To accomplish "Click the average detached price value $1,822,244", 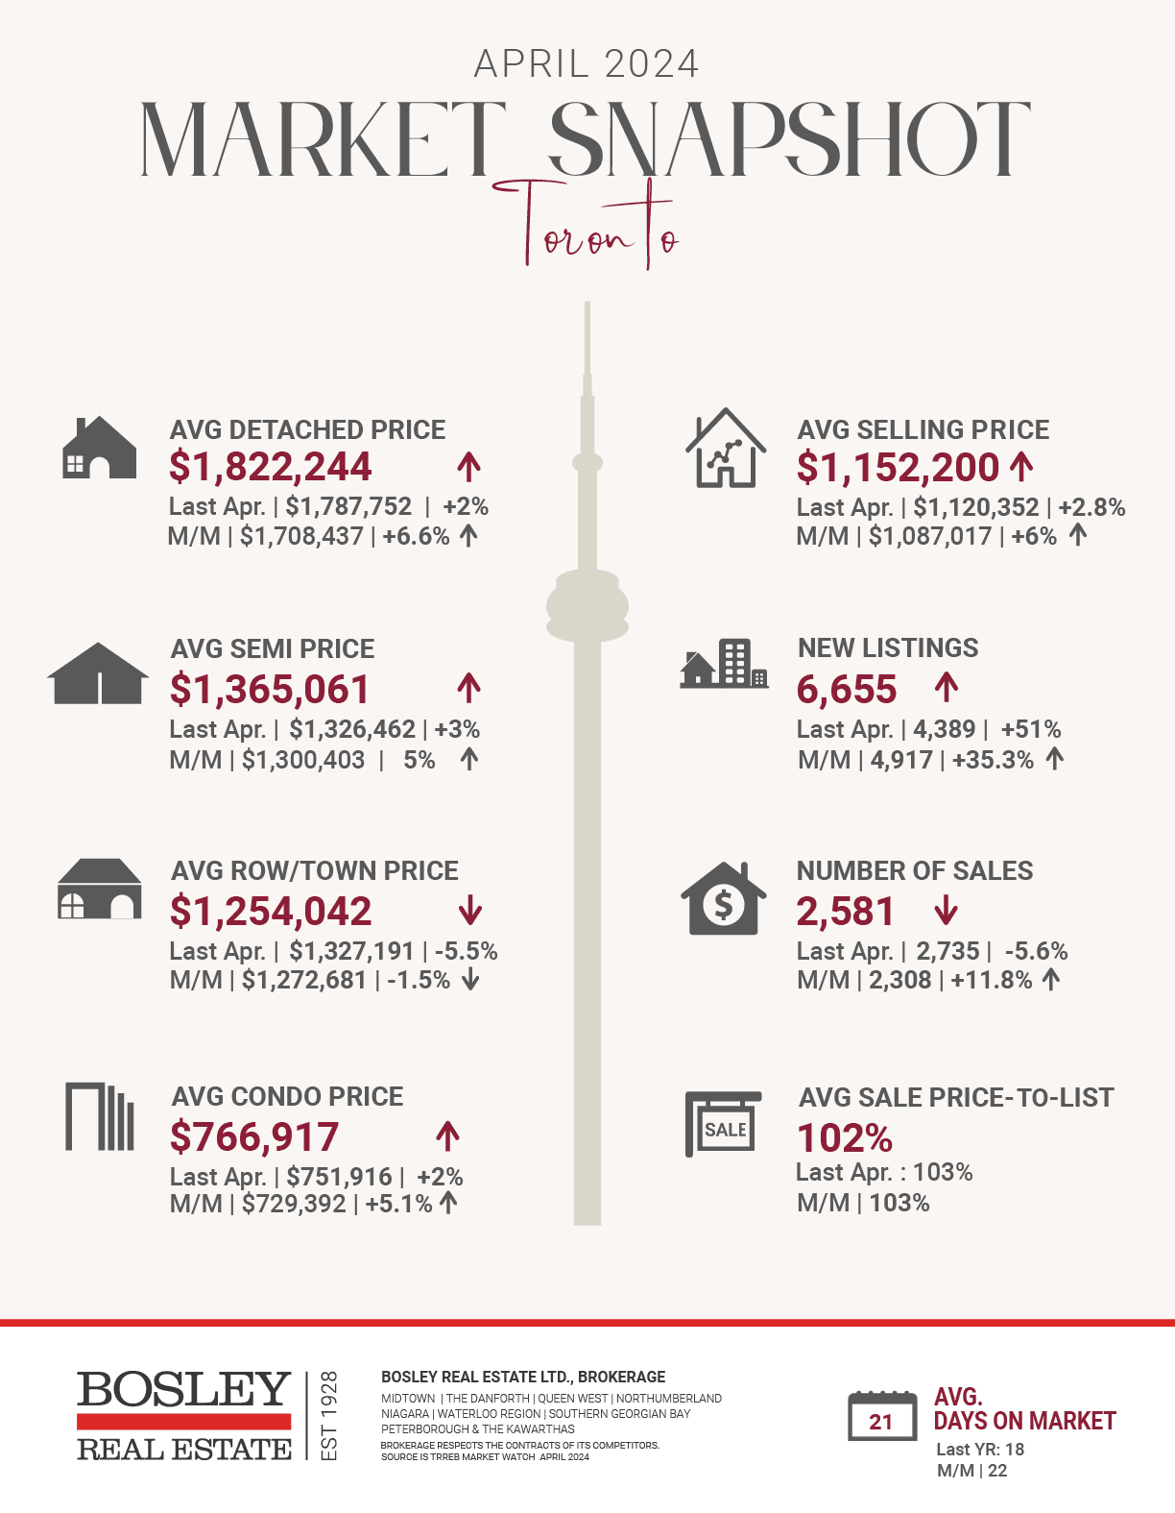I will pyautogui.click(x=270, y=467).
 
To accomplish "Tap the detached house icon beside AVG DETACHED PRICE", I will pyautogui.click(x=99, y=448).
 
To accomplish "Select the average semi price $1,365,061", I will pyautogui.click(x=269, y=690).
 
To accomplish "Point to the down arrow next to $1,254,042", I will pyautogui.click(x=469, y=910).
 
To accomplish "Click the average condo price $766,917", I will pyautogui.click(x=254, y=1137).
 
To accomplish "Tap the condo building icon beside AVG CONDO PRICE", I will pyautogui.click(x=99, y=1116).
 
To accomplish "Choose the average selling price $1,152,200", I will pyautogui.click(x=898, y=468).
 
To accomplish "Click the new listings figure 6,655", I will pyautogui.click(x=846, y=690).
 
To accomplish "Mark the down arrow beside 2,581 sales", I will pyautogui.click(x=946, y=910).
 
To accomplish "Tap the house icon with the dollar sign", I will pyautogui.click(x=724, y=899).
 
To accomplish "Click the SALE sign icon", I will pyautogui.click(x=723, y=1123).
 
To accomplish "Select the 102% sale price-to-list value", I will pyautogui.click(x=845, y=1138).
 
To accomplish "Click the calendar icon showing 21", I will pyautogui.click(x=881, y=1416).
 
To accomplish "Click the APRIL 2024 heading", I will pyautogui.click(x=587, y=64).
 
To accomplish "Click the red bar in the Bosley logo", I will pyautogui.click(x=183, y=1421).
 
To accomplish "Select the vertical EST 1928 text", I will pyautogui.click(x=329, y=1415).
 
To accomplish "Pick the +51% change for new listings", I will pyautogui.click(x=1030, y=729).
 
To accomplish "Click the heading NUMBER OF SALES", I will pyautogui.click(x=915, y=870).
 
